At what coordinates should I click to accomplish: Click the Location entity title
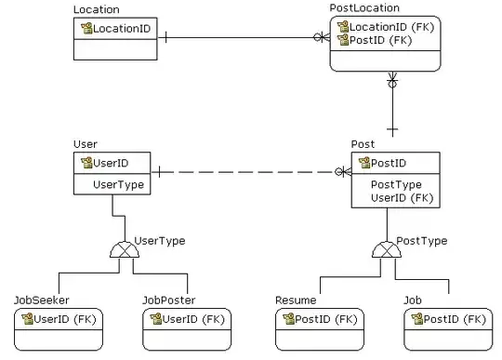[x=96, y=10]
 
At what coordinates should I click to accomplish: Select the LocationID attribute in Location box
[x=121, y=29]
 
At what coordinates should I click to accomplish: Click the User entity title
[x=86, y=144]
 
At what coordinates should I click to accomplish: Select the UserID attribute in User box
[x=109, y=163]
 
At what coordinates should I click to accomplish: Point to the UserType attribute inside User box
[x=118, y=185]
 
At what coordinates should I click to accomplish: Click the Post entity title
[x=363, y=144]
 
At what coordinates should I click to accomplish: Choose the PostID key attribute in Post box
[x=388, y=164]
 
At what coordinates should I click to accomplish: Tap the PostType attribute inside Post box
[x=396, y=184]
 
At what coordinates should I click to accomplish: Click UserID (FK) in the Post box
[x=402, y=197]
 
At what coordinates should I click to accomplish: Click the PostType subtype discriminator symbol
[x=385, y=249]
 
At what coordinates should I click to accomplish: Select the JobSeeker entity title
[x=41, y=300]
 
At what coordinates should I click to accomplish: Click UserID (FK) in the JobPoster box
[x=193, y=319]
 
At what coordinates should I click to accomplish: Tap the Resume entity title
[x=296, y=300]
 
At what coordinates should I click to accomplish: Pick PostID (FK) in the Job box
[x=455, y=319]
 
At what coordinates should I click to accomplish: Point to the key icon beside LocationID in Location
[x=86, y=29]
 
